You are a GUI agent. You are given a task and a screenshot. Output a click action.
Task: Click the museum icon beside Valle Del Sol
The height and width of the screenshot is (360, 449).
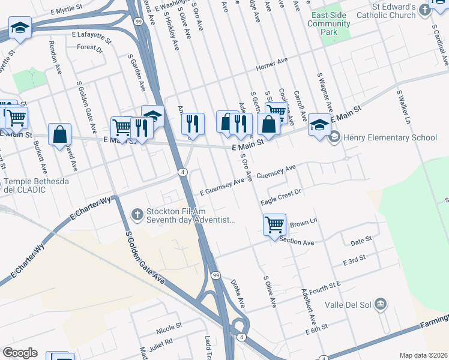(379, 305)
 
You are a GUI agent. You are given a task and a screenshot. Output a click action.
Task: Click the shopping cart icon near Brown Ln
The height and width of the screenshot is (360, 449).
(274, 225)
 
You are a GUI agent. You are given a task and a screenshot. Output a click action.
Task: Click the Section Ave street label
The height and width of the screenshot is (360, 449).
(300, 242)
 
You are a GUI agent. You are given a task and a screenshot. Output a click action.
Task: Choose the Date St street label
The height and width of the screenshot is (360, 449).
(361, 241)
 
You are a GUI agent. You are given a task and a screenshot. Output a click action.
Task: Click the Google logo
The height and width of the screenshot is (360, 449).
(20, 353)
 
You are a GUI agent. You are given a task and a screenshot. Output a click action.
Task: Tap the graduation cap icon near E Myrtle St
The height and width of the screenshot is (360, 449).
(20, 28)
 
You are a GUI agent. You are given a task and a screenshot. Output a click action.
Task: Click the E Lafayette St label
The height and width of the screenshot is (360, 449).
(91, 38)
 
